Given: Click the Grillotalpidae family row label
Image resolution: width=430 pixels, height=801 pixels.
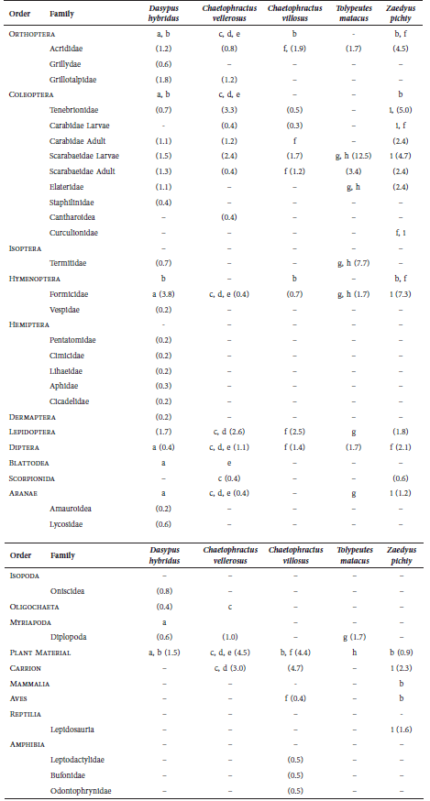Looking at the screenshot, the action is tap(73, 80).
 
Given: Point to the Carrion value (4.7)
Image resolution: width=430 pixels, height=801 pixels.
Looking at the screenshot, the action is tap(296, 667).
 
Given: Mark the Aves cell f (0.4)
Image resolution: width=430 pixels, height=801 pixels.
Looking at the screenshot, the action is tap(296, 697).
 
